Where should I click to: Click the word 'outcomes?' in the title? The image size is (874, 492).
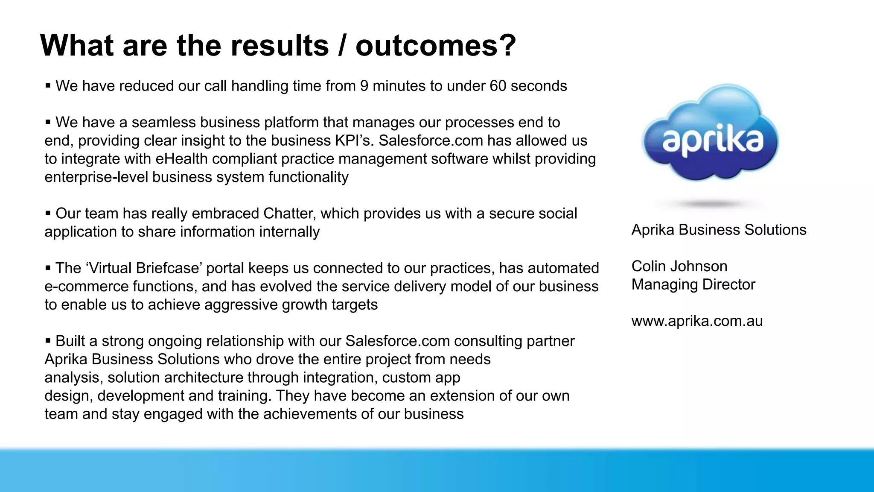click(x=435, y=45)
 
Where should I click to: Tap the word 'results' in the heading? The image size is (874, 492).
click(x=280, y=45)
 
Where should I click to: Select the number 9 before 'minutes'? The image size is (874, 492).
click(x=364, y=86)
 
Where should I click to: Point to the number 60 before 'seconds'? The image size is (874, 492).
click(x=498, y=86)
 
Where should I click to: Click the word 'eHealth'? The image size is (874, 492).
click(x=181, y=159)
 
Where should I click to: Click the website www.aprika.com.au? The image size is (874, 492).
click(x=697, y=321)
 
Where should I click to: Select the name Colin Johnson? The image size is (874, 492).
click(x=679, y=266)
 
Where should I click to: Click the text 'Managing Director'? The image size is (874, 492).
click(x=693, y=285)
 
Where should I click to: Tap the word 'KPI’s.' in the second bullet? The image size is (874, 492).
click(x=352, y=141)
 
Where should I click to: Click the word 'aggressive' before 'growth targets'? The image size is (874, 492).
click(x=241, y=305)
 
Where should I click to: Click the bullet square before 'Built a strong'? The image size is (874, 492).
click(x=48, y=341)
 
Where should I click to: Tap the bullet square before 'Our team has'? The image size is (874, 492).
click(x=48, y=213)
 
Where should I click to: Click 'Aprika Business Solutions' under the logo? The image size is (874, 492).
click(x=719, y=230)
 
